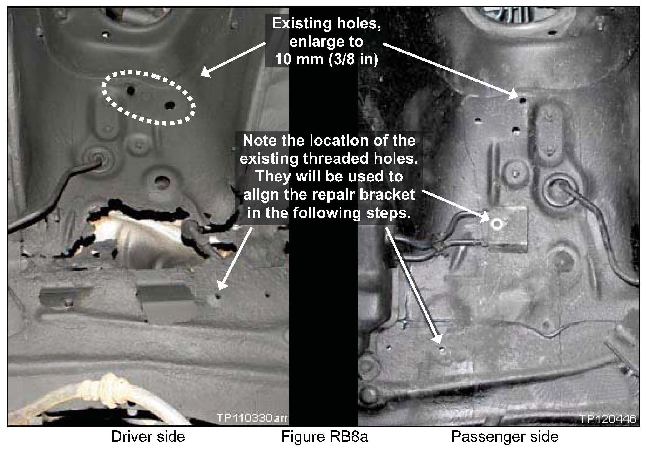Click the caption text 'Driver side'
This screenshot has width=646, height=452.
coord(148,437)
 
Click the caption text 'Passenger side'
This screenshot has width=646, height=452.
coord(505,437)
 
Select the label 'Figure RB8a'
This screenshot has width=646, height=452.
coord(325,437)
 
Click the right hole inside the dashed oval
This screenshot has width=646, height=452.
coord(170,105)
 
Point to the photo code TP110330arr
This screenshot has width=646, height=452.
coord(252,418)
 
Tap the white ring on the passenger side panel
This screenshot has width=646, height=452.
coord(496,224)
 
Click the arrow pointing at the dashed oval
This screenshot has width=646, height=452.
coord(232,60)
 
